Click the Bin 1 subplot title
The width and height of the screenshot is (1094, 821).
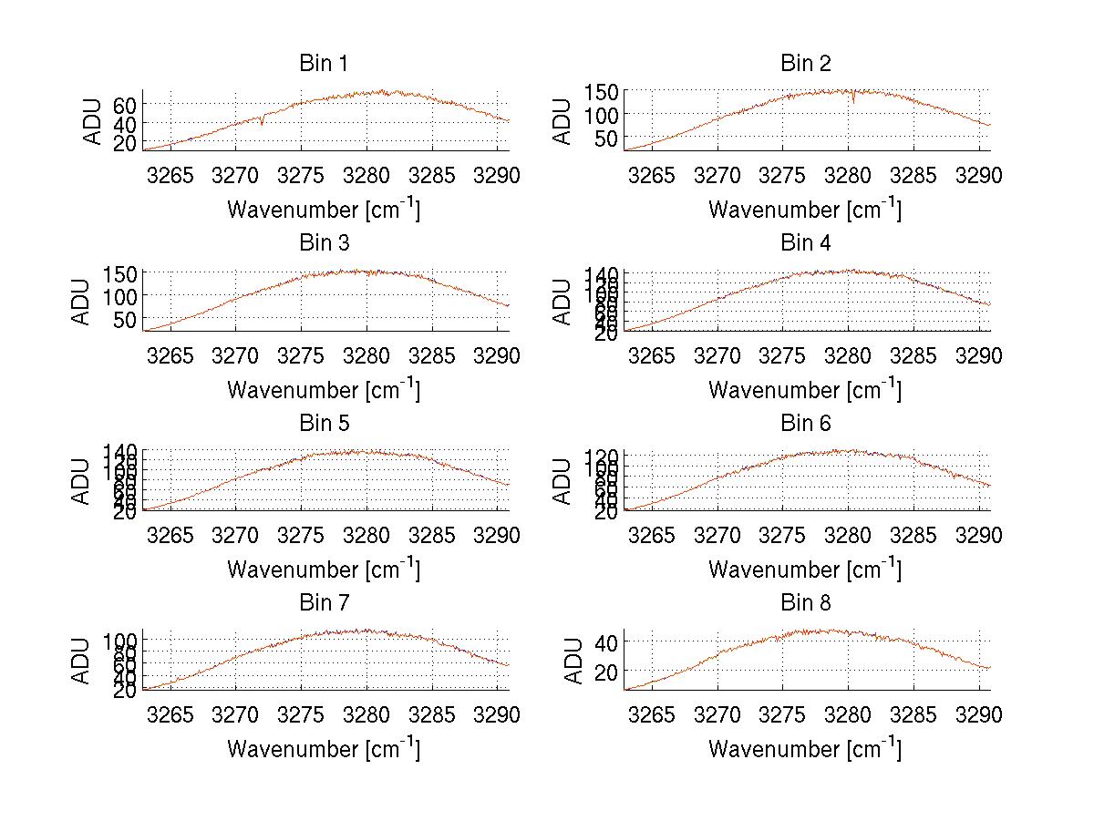tap(324, 64)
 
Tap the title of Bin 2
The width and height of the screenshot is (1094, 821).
tap(805, 64)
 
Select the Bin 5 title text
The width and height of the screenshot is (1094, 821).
tap(324, 424)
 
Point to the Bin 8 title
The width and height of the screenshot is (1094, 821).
tap(805, 603)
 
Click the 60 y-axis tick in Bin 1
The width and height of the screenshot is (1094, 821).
tap(124, 106)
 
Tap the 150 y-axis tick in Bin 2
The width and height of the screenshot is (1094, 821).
tap(596, 92)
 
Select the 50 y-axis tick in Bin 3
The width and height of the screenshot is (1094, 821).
tap(124, 319)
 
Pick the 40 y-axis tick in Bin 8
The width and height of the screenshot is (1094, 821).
tap(606, 642)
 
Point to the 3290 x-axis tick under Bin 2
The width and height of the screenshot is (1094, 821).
tap(978, 176)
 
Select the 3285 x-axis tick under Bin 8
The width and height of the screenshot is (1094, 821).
tap(913, 714)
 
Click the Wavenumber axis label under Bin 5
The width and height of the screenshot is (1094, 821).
tap(324, 570)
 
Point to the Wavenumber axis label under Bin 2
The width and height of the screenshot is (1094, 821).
tap(805, 210)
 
